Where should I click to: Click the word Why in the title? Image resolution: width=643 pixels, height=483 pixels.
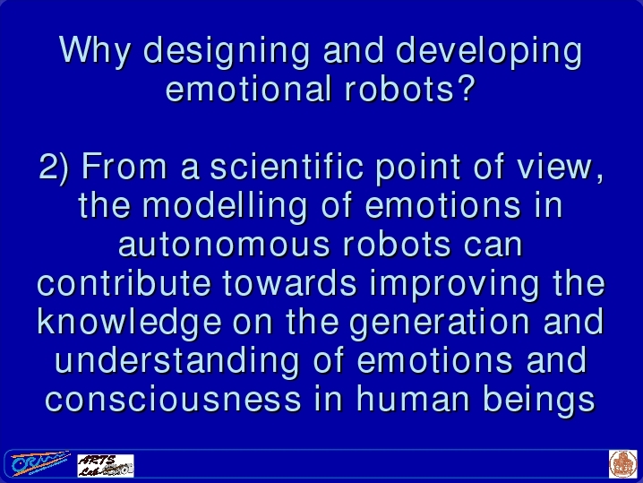[95, 50]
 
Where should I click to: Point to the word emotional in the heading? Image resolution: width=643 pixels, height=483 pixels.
[248, 89]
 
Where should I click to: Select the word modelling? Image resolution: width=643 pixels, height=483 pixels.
[225, 206]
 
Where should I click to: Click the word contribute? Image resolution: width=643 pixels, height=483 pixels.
[124, 283]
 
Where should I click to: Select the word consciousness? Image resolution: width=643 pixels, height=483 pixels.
[173, 400]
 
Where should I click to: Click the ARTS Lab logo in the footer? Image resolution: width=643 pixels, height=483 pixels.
[106, 465]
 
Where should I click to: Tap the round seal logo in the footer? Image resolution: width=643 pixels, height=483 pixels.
[623, 464]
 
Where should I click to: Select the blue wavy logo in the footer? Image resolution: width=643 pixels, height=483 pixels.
[39, 463]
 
